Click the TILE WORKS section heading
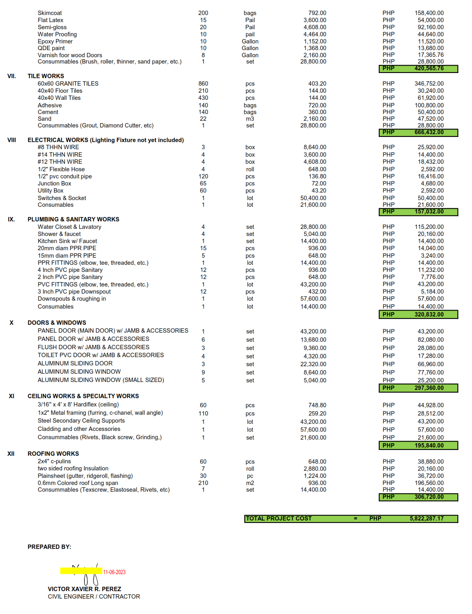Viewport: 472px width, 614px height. (45, 76)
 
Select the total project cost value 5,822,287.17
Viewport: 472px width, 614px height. (426, 519)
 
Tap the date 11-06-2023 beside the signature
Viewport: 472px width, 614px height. (114, 572)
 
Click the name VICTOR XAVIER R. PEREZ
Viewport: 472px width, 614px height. (84, 589)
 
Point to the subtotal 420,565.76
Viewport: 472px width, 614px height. (429, 68)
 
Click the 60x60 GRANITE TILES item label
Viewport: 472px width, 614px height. (68, 84)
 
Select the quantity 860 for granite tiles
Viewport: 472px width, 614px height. (203, 84)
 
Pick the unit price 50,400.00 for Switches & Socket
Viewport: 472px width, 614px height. (313, 198)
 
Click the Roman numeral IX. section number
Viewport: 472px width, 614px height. (11, 219)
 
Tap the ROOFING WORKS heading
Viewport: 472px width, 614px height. (53, 454)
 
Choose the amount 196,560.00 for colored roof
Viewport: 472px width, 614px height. (430, 483)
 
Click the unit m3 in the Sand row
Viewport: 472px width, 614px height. (250, 119)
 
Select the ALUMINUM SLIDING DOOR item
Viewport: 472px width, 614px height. (75, 363)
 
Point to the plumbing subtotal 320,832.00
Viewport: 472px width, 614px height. (429, 314)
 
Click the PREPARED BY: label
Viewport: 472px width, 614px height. (49, 547)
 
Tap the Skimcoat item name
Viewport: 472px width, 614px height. (50, 13)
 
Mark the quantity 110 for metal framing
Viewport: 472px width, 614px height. (203, 414)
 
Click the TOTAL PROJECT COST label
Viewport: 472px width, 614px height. (279, 519)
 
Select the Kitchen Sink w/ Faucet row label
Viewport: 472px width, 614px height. (67, 241)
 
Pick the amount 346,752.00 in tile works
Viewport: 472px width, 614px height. (429, 84)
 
